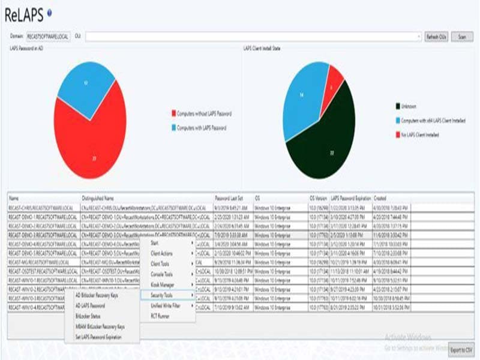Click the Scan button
click(462, 37)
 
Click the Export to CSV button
click(461, 349)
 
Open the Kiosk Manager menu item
click(163, 285)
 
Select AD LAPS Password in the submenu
click(91, 306)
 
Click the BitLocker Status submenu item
click(88, 316)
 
